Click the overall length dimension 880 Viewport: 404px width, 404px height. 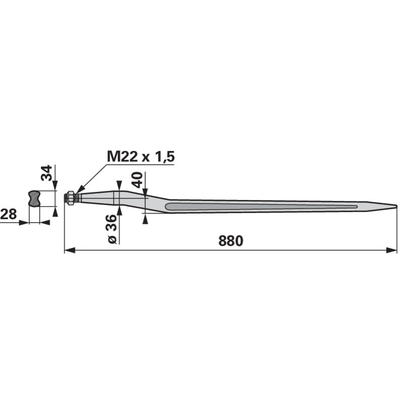[x=231, y=241]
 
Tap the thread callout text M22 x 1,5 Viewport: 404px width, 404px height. [x=141, y=157]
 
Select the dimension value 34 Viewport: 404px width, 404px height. [x=46, y=173]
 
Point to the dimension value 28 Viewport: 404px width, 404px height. [x=8, y=214]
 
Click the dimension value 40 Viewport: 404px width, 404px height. [x=137, y=180]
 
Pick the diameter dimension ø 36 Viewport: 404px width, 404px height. [x=112, y=229]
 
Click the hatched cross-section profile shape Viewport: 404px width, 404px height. [x=34, y=198]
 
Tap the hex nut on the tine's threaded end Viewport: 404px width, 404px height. [x=70, y=198]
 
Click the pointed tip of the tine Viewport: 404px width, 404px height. [x=397, y=206]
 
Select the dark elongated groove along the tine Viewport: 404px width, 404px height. [x=261, y=207]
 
